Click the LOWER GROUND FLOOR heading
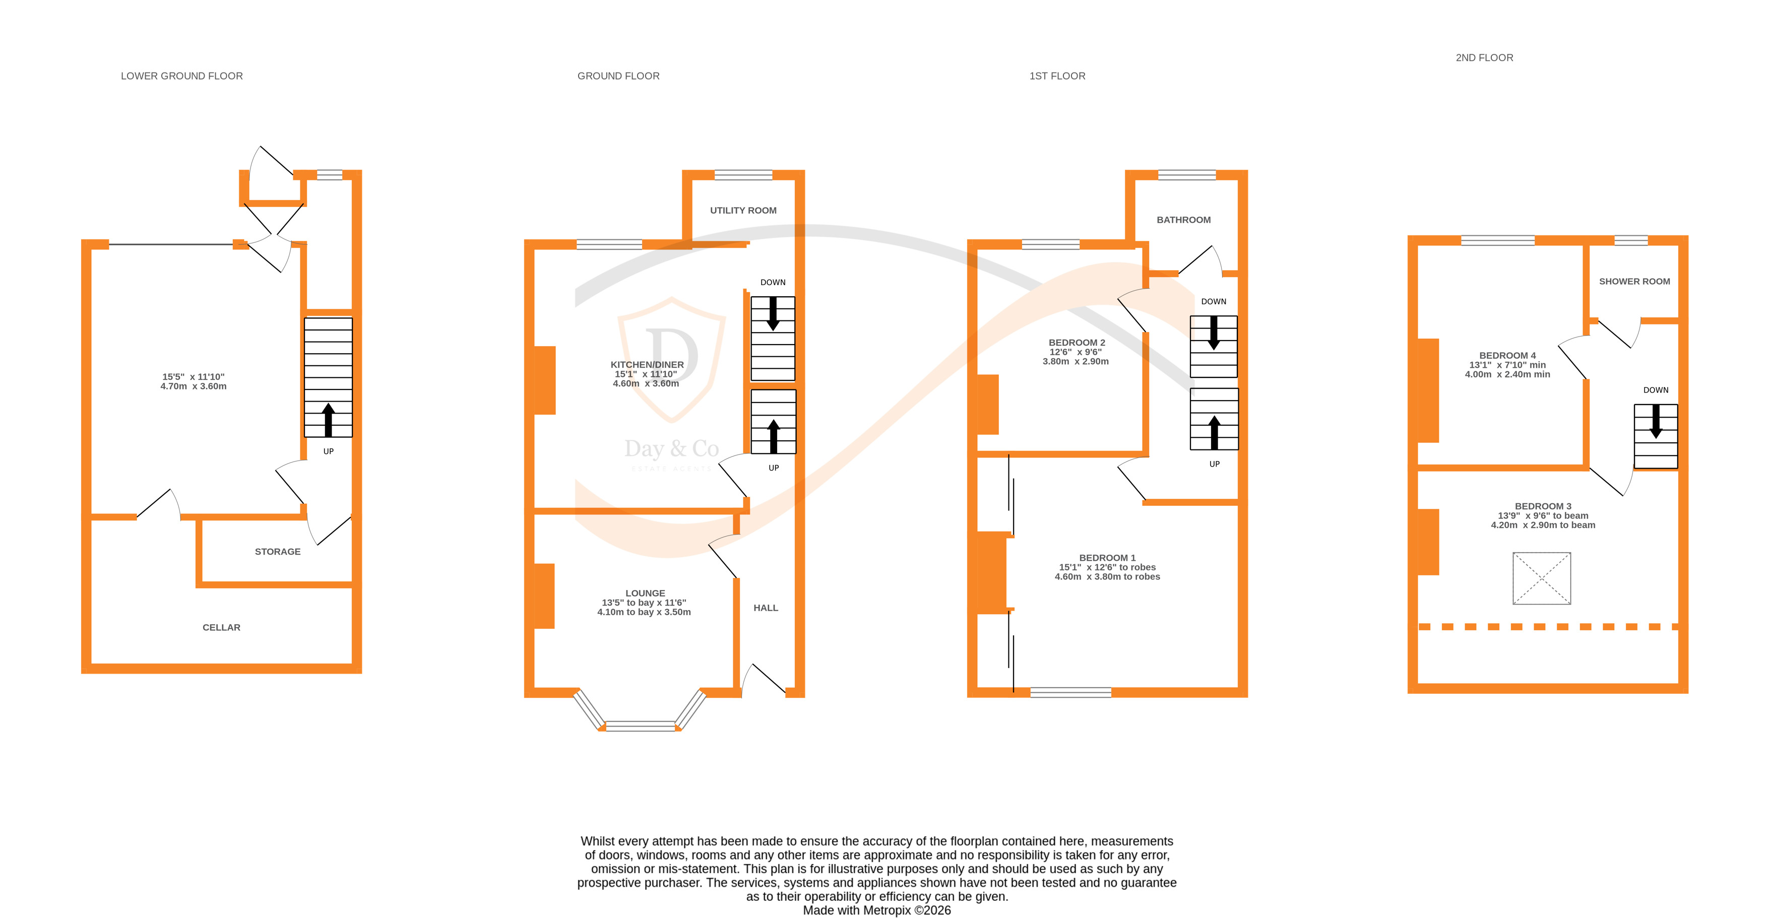point(181,76)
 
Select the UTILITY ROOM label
point(743,210)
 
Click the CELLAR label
point(221,627)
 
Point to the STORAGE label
point(278,552)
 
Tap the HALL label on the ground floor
point(766,608)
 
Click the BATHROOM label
point(1183,220)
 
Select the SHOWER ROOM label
point(1634,282)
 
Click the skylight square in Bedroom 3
point(1541,578)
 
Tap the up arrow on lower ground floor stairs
point(329,419)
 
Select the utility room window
point(743,174)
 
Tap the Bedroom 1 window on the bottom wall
point(1070,693)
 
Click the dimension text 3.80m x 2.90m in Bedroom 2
point(1076,361)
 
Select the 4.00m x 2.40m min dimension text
point(1507,374)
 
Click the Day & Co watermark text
point(671,449)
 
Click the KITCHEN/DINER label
point(647,365)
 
